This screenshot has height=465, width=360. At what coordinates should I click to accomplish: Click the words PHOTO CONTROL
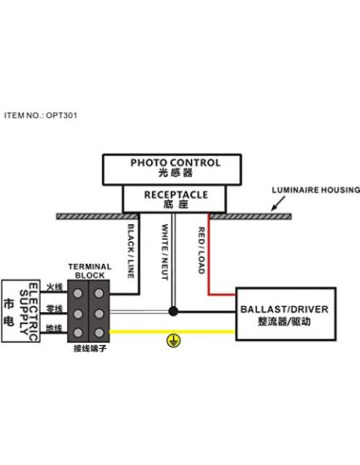point(176,163)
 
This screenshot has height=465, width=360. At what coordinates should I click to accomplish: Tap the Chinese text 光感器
point(176,175)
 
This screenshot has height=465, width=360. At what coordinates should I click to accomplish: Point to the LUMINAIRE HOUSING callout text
point(316,190)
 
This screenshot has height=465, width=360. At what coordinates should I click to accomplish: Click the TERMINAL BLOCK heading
point(91,271)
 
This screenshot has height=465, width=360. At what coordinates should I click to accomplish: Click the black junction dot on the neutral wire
point(172,309)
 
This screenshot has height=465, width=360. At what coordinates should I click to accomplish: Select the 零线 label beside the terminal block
point(54,308)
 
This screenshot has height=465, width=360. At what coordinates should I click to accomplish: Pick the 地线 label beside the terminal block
point(54,330)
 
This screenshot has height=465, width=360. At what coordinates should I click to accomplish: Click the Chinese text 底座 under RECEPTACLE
point(176,205)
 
